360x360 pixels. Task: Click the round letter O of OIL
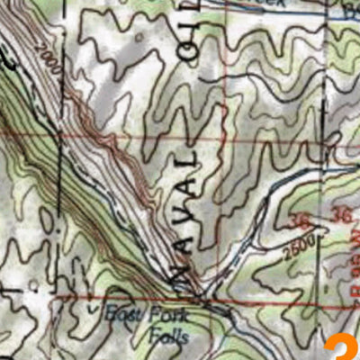click(188, 56)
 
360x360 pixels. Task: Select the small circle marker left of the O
click(139, 37)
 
